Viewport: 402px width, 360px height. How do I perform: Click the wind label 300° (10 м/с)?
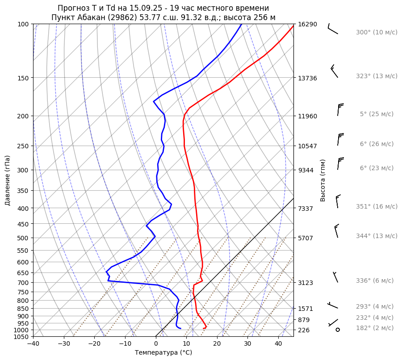377,33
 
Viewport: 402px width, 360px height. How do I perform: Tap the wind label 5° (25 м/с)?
377,114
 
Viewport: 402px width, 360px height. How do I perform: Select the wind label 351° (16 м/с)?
377,207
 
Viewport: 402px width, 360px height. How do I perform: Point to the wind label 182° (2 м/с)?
375,328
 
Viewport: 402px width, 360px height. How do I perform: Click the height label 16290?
307,24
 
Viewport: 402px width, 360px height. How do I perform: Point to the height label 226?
304,330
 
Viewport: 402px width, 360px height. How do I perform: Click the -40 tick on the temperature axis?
33,344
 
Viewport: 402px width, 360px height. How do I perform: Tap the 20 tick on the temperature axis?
217,344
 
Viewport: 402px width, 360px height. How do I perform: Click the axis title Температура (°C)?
163,352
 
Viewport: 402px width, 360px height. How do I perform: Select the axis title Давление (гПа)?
8,180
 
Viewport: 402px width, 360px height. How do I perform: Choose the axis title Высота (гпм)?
323,180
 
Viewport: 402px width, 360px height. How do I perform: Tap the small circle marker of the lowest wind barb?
338,330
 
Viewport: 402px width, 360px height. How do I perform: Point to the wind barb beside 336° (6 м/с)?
335,277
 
